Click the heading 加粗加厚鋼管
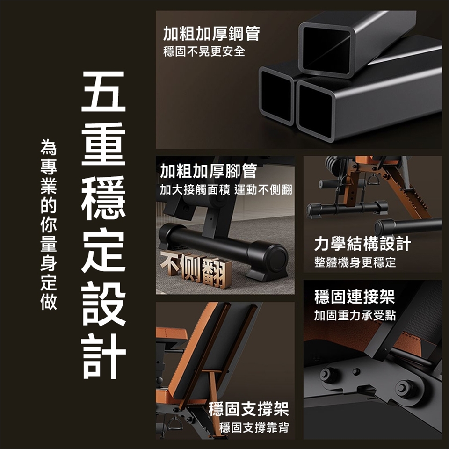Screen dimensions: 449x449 point(211,34)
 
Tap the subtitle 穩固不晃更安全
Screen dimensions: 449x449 point(204,51)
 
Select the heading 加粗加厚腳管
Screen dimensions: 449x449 point(209,171)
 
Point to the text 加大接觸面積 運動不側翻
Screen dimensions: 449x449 point(226,189)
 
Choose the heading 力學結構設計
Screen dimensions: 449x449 point(362,244)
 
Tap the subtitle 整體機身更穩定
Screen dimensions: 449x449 point(355,262)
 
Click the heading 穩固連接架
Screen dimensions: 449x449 point(355,297)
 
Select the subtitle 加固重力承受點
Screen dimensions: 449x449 point(355,315)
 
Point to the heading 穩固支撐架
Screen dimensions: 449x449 point(248,409)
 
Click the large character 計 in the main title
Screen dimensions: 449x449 point(103,356)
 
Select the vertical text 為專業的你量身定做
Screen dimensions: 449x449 point(49,224)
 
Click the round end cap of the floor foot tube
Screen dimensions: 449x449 point(276,260)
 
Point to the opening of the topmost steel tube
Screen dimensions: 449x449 point(326,49)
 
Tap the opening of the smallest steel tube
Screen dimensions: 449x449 point(277,96)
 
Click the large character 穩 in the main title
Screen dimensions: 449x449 point(103,197)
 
